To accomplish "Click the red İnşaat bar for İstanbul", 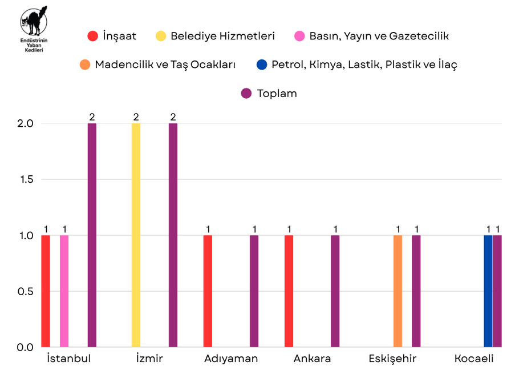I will pos(46,291).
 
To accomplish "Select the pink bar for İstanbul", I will pos(64,291).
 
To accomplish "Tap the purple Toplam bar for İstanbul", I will pos(92,235).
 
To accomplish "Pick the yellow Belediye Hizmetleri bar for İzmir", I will pos(136,235).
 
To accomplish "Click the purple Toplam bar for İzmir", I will pos(173,235).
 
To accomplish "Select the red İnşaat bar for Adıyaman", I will pos(208,291).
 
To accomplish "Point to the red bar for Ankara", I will pos(289,291).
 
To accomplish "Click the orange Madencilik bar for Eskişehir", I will pos(398,291).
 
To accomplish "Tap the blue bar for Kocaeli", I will pos(488,291).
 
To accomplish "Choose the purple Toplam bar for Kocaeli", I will pos(497,291).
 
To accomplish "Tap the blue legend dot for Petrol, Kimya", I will pos(262,65).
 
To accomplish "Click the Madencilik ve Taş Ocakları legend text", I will pos(165,65).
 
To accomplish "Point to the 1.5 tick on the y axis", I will pos(26,179).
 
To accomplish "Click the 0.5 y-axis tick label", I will pos(26,291).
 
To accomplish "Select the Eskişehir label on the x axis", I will pos(392,359).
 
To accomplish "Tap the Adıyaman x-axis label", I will pos(231,359).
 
